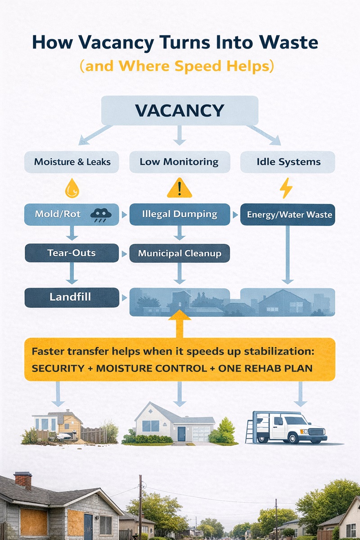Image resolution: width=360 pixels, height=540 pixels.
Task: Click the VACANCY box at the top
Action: pos(180,110)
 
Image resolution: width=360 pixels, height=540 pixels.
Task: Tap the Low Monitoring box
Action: pos(179,162)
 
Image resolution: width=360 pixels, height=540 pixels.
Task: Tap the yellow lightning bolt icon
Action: pos(286,189)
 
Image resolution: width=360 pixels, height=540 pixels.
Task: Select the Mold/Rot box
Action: pos(71,214)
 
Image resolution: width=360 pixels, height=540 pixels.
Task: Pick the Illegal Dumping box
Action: pos(179,214)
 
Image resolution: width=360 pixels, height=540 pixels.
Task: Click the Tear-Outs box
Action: pos(71,253)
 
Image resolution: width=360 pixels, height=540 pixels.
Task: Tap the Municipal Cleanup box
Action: pos(179,253)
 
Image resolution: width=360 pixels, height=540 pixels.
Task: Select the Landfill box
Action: pos(72,297)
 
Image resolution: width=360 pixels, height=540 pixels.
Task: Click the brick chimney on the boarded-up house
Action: pos(23,480)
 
